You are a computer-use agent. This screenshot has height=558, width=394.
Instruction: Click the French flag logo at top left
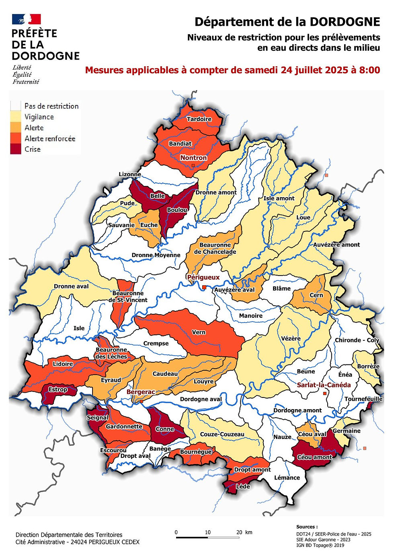27,19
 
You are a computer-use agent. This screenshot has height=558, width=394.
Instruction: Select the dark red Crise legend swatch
16,149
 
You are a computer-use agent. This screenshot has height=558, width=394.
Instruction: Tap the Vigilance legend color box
16,117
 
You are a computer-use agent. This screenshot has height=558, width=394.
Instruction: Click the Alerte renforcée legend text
50,138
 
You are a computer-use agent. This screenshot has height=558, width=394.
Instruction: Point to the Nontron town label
193,158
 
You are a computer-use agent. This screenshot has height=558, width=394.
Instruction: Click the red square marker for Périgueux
204,287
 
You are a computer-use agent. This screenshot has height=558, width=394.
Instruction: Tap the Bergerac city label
141,392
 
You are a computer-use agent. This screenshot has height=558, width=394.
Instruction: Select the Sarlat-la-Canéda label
324,385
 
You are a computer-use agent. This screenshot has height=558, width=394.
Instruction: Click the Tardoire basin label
199,119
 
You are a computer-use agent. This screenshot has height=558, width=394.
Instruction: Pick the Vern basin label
199,332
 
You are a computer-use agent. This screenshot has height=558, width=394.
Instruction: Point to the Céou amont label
315,457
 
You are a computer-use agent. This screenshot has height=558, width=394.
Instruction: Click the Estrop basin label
58,389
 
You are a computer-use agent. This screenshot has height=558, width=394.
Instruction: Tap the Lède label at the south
243,486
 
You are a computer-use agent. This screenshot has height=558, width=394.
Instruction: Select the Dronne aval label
71,286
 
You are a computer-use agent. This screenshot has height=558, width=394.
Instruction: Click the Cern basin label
316,295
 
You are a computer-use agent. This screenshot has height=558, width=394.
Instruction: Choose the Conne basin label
165,429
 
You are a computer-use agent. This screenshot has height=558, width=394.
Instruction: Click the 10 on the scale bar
207,532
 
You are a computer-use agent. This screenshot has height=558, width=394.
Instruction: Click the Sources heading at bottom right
307,527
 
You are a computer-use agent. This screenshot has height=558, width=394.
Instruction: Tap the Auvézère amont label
337,245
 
